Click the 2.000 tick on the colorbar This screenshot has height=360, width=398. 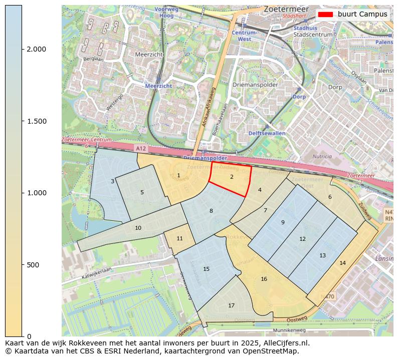(x=22, y=49)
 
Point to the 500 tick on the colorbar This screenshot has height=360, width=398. (x=22, y=264)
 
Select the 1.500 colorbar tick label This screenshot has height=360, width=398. (x=36, y=121)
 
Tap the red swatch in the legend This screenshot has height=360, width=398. (x=326, y=14)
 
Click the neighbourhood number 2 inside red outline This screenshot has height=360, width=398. (x=232, y=177)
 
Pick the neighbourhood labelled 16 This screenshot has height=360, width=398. (x=264, y=279)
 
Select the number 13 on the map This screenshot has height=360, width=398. (x=322, y=255)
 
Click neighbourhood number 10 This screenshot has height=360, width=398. (x=138, y=228)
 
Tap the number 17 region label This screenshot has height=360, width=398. (x=231, y=305)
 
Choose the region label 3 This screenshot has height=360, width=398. (x=112, y=181)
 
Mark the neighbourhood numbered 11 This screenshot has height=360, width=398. (x=179, y=238)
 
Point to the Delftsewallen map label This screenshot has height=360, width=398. (x=267, y=133)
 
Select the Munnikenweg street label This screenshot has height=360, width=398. (x=289, y=330)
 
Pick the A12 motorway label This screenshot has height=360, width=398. (x=141, y=148)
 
